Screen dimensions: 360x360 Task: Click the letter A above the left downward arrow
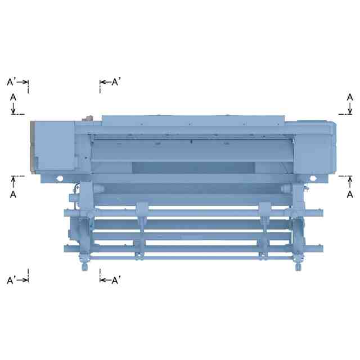[x=13, y=97]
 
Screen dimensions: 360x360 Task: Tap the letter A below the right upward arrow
[x=350, y=195]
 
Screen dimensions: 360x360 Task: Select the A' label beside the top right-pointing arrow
[x=11, y=82]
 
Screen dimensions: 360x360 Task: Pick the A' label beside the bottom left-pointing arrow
[x=116, y=280]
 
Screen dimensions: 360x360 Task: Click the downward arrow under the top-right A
[x=350, y=108]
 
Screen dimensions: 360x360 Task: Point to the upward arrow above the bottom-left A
[x=13, y=182]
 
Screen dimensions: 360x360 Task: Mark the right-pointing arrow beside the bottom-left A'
[x=22, y=280]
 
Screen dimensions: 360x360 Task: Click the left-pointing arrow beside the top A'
[x=106, y=82]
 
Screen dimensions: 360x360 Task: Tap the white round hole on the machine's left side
[x=60, y=178]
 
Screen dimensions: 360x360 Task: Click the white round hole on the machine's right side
[x=313, y=178]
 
